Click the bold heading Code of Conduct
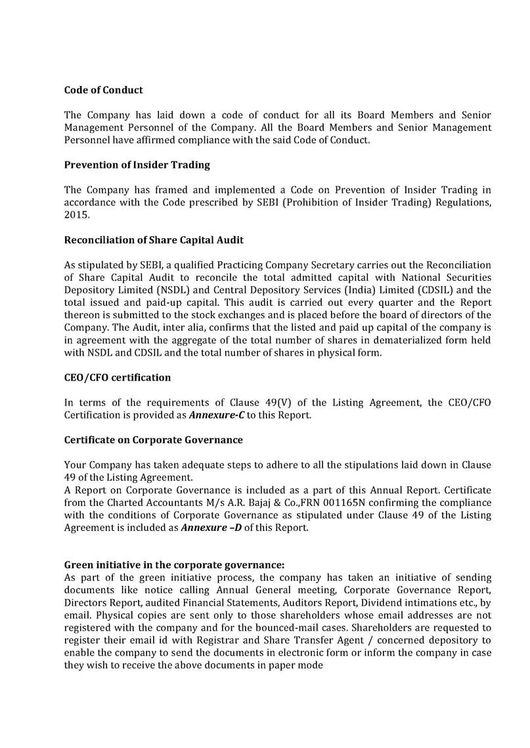tap(103, 90)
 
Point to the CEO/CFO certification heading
tap(118, 377)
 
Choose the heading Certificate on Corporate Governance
tap(153, 440)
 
